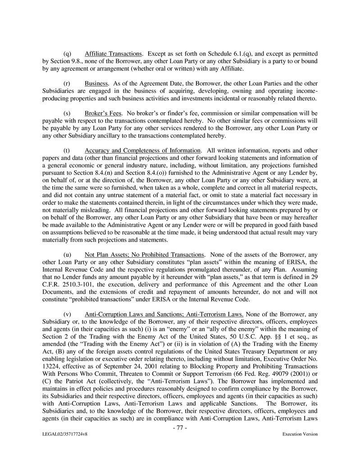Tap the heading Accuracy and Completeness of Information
pos(142,150)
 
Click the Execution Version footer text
pos(300,434)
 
